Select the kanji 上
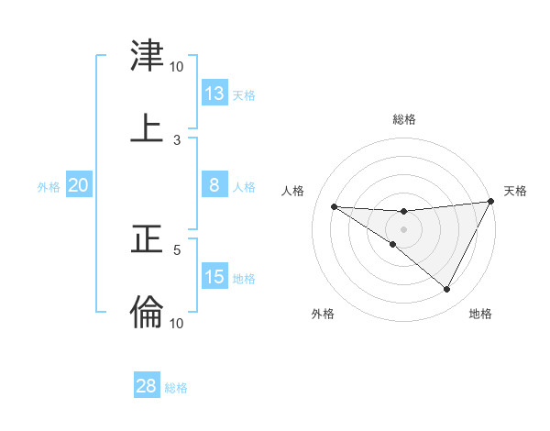147,128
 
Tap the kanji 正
147,240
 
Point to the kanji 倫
147,312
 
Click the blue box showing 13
214,93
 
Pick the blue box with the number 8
214,185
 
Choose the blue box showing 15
214,277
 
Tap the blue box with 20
79,185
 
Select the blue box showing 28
147,386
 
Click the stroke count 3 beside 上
177,139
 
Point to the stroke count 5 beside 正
177,249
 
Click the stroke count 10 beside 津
176,66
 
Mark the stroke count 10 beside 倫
176,322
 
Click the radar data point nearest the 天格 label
491,203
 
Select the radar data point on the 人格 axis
334,206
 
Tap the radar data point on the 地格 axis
447,290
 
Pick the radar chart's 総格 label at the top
404,119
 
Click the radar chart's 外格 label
323,314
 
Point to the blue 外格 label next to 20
49,187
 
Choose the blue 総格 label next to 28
177,388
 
